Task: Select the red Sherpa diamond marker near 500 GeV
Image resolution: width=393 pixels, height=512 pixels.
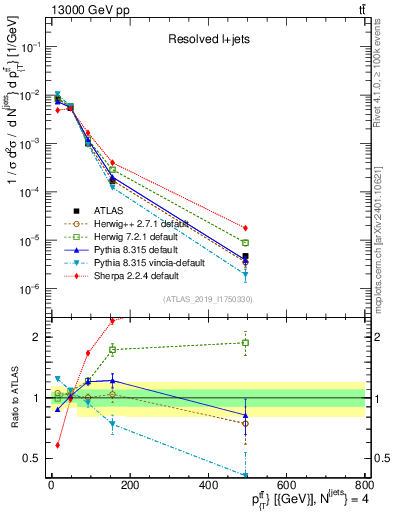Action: (245, 228)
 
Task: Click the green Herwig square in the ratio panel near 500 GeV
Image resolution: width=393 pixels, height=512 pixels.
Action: (245, 343)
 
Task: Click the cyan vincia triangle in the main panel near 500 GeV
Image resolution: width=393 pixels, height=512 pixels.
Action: (245, 274)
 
